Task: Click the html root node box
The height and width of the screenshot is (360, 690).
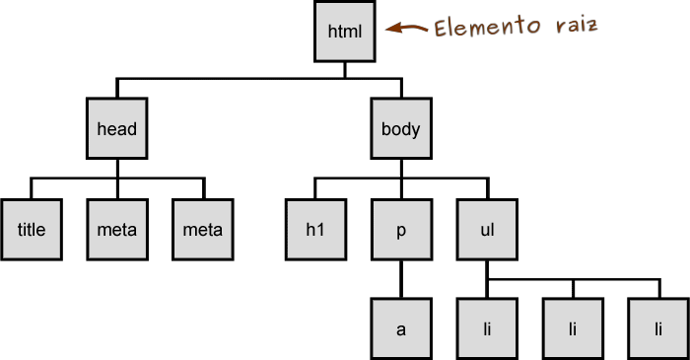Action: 345,33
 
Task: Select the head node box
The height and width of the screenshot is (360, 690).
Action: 116,129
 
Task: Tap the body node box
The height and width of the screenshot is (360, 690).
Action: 400,129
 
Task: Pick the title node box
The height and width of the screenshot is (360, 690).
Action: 32,230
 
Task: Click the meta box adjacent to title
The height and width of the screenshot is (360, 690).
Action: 117,230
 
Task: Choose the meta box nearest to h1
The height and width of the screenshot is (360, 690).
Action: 203,230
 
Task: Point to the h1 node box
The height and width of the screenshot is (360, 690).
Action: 314,230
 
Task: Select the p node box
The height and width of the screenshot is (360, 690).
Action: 401,230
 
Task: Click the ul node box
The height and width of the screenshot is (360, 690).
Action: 487,230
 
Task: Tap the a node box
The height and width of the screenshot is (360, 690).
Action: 401,328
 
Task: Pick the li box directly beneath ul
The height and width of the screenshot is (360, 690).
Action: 487,328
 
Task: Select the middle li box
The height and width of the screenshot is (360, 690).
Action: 573,328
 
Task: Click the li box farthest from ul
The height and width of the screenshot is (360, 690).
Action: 658,328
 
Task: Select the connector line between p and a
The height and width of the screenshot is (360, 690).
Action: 401,280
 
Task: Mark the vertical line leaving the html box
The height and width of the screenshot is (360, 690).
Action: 345,70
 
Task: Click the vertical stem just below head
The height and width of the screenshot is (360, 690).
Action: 116,169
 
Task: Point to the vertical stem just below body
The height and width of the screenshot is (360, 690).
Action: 400,169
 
